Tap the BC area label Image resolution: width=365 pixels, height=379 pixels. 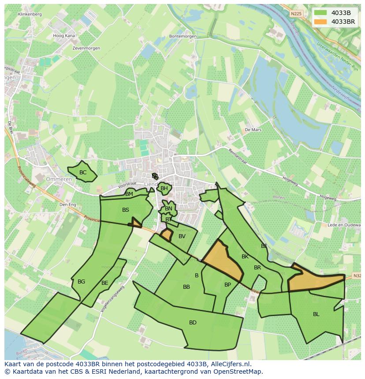coord(83,173)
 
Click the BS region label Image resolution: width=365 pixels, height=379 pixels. coord(126,210)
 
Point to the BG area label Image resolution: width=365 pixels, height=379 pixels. coord(81,282)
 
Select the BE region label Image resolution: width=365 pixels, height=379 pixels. coord(104,283)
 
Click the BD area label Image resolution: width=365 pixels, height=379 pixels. coord(193,323)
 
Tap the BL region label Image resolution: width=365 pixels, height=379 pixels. coord(316,314)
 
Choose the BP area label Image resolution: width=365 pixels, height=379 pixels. coord(227,285)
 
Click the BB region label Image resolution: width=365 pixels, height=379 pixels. coord(186,287)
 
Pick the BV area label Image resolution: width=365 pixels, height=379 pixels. coord(182,236)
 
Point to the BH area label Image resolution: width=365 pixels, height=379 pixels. coord(164,188)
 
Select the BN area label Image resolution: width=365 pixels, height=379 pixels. coord(168,209)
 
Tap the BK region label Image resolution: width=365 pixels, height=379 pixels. coord(245,257)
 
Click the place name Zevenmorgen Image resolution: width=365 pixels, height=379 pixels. coord(86,48)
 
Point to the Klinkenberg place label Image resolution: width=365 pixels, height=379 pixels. coord(30,14)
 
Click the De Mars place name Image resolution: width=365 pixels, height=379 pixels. coord(253,130)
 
